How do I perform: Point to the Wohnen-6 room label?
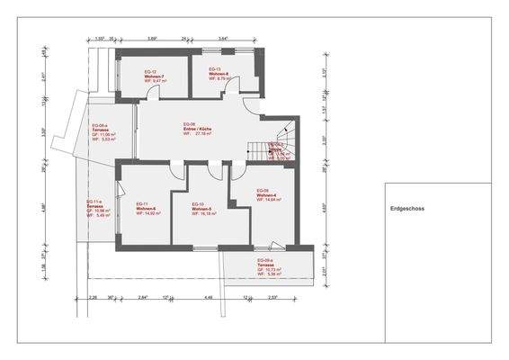pyautogui.click(x=147, y=209)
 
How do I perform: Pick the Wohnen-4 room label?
pyautogui.click(x=268, y=195)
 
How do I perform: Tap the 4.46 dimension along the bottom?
pyautogui.click(x=208, y=296)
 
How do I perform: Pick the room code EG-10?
pyautogui.click(x=199, y=204)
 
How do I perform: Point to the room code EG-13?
pyautogui.click(x=215, y=68)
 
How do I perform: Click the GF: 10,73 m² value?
pyautogui.click(x=266, y=272)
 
